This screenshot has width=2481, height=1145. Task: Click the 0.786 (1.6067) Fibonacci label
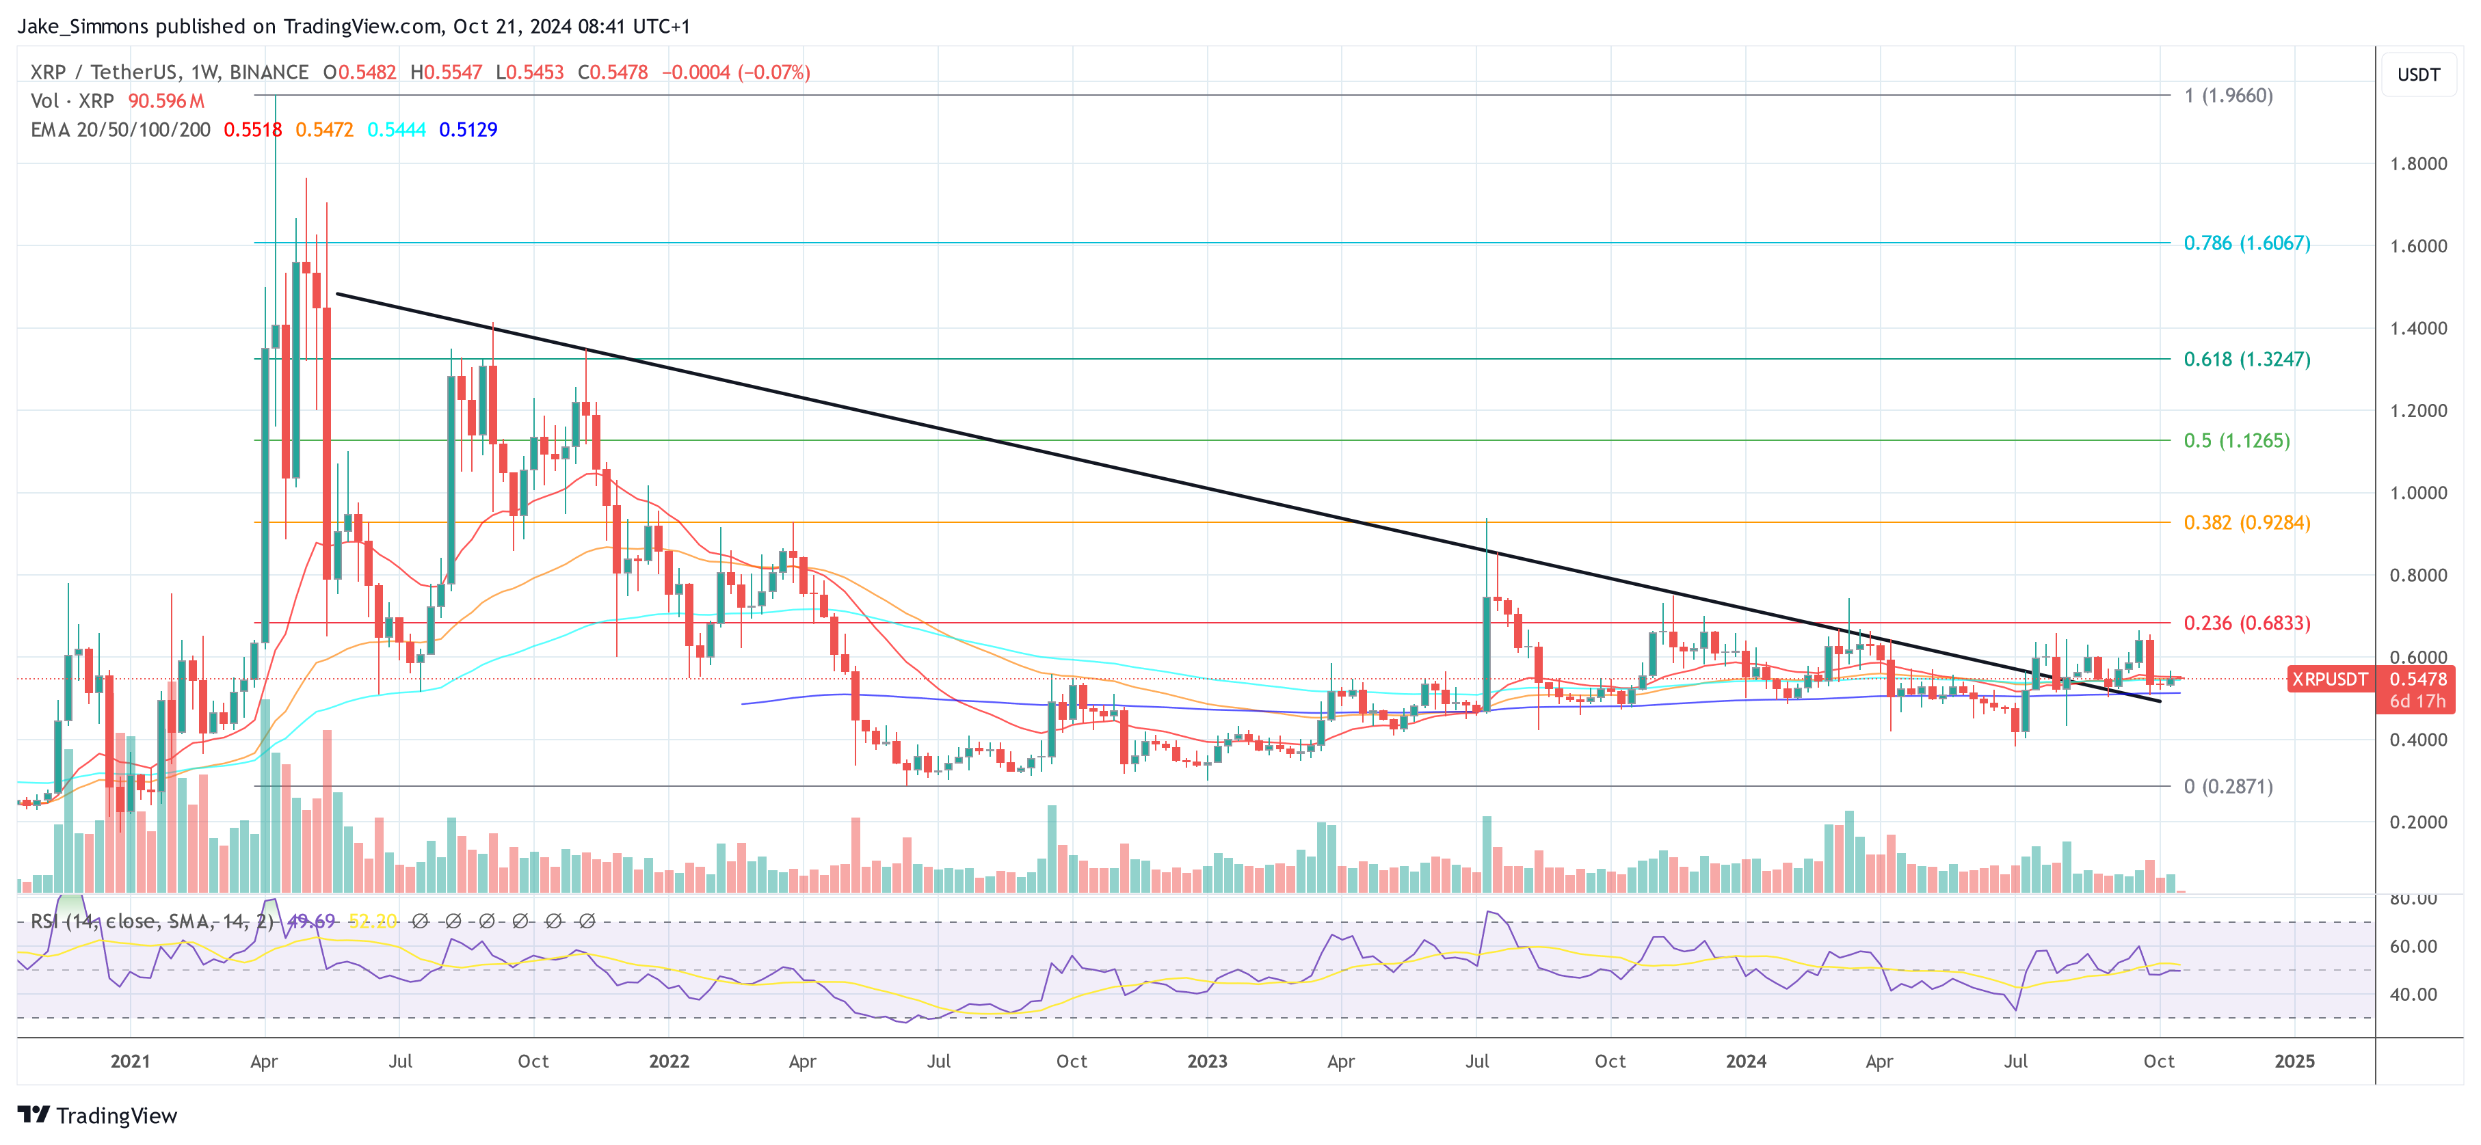2246,243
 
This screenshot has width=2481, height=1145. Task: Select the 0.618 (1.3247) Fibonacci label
2246,359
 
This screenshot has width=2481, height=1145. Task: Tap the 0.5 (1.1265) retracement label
2235,440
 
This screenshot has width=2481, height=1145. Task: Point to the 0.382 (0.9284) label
2246,522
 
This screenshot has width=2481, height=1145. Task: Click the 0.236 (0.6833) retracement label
2246,623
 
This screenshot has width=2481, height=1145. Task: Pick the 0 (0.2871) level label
2228,786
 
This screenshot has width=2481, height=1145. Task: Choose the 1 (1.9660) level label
2228,95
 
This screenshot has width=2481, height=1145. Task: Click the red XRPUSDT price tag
2329,679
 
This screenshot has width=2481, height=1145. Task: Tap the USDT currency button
2417,74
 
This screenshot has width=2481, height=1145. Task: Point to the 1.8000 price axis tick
2417,163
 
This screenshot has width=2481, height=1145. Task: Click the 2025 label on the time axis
2294,1060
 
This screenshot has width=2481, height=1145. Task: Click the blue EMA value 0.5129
468,129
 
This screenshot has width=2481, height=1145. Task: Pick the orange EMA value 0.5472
325,129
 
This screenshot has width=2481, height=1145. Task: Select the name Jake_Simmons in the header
83,26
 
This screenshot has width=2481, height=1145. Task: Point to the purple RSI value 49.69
311,921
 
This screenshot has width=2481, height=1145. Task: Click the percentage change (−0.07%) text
773,72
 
